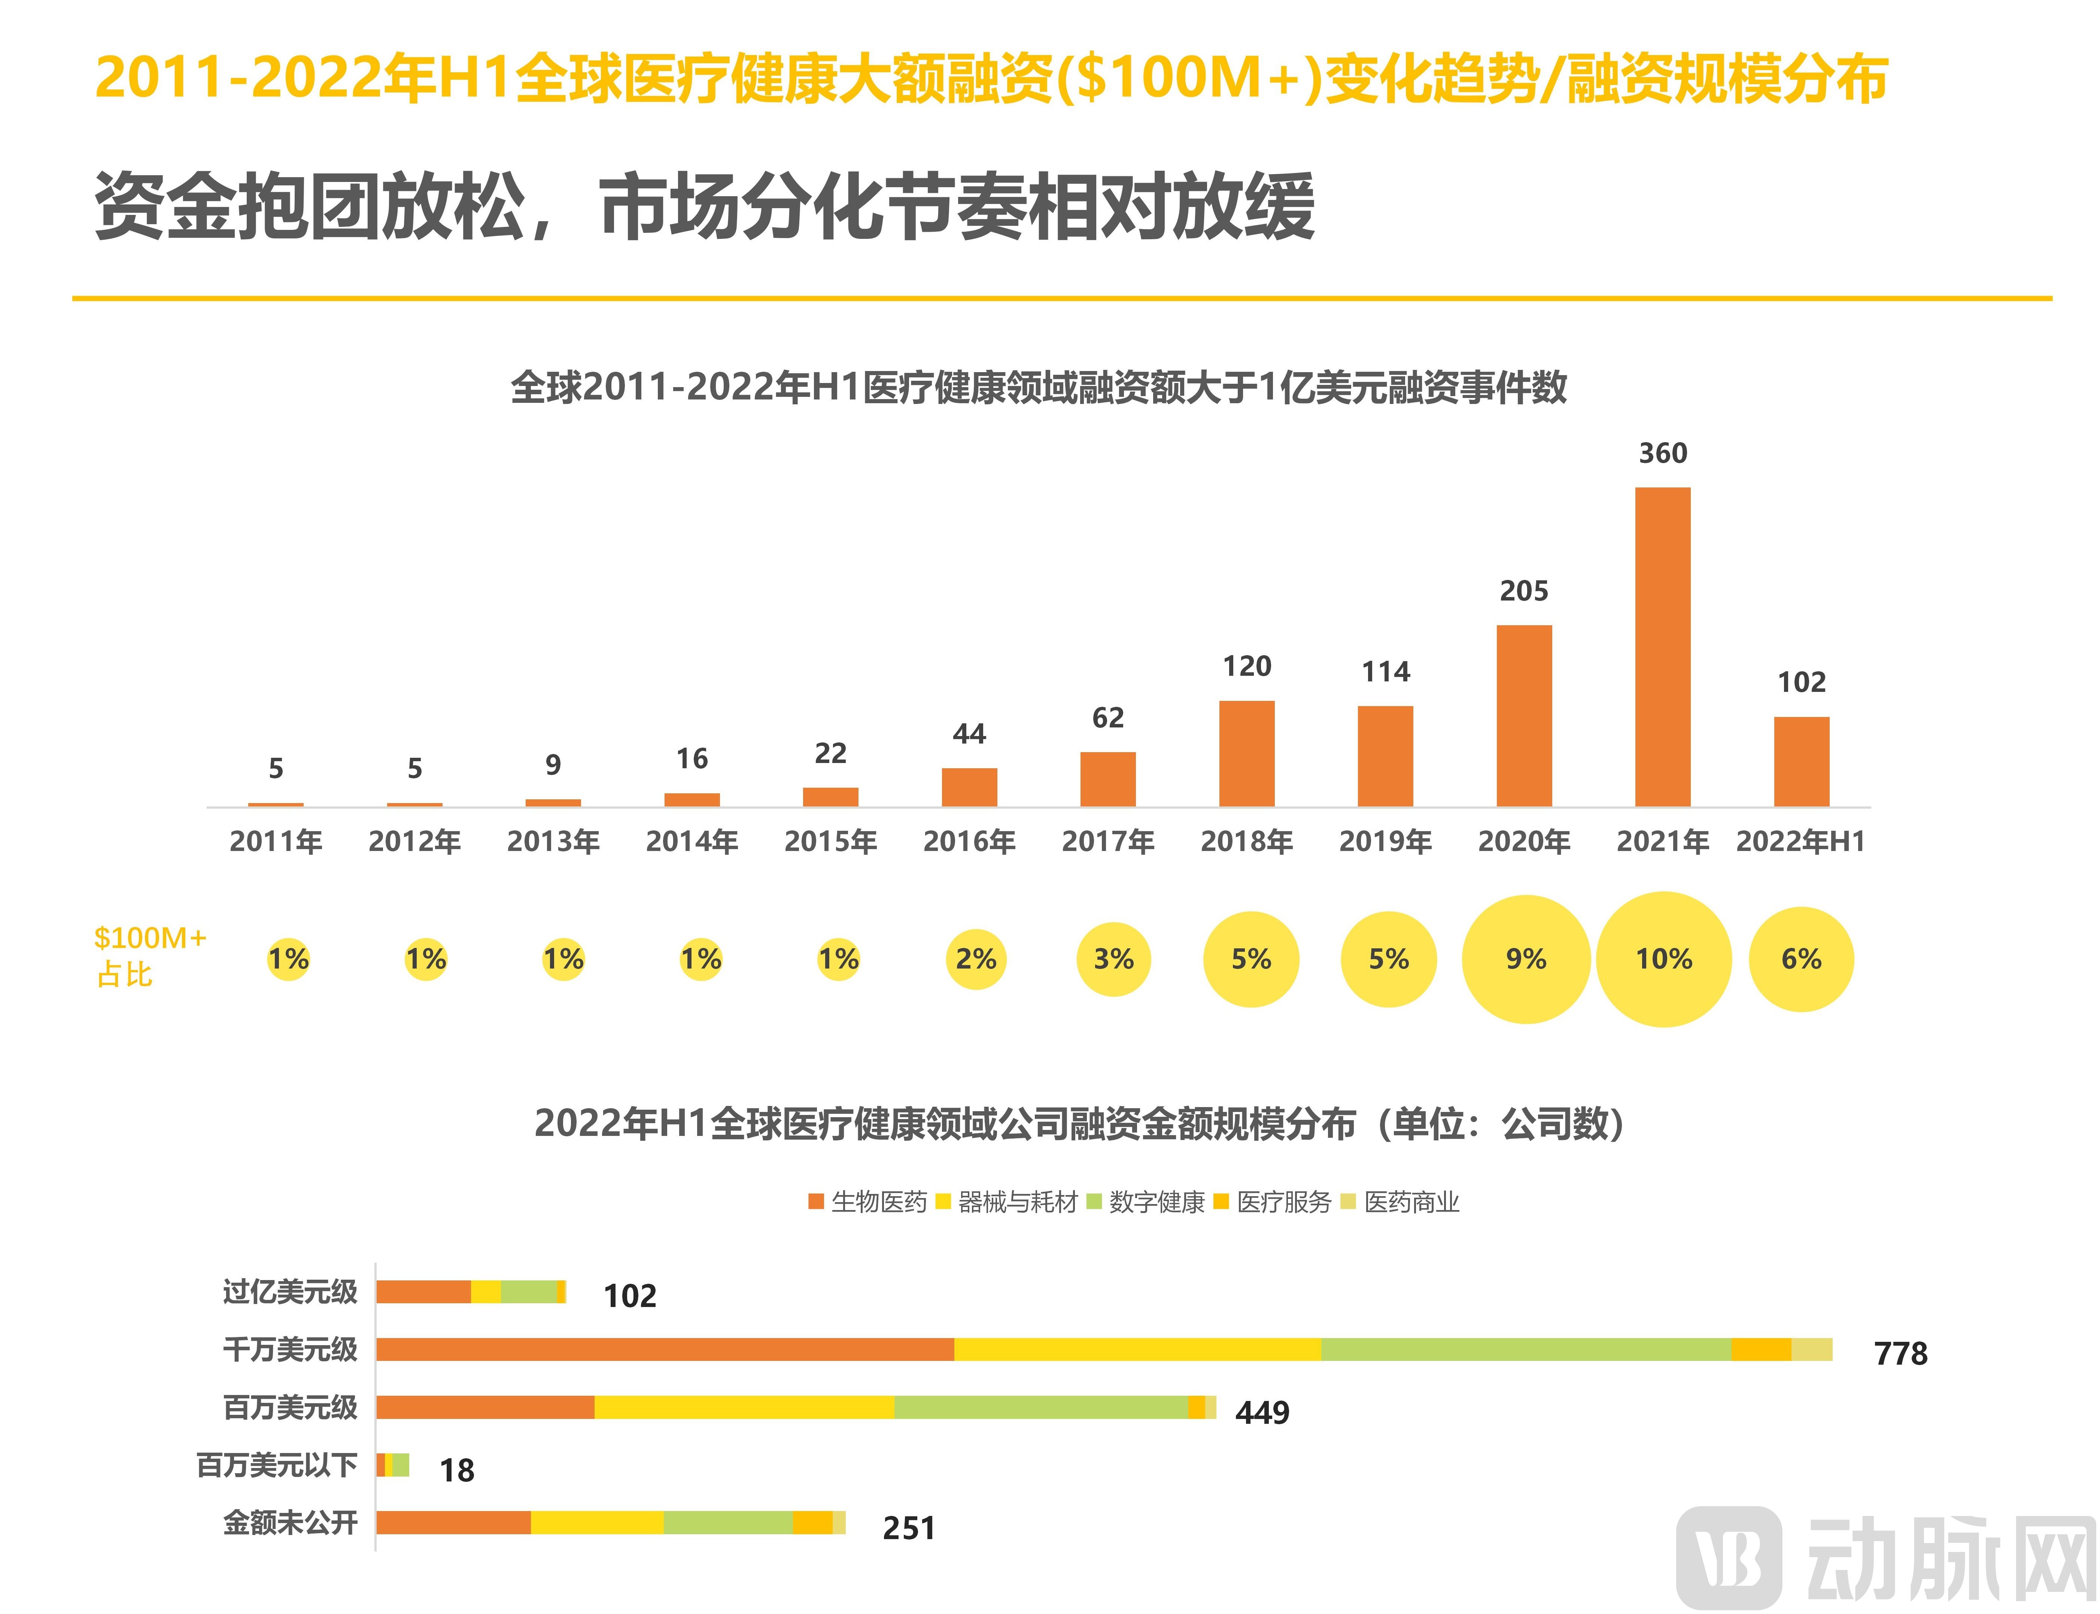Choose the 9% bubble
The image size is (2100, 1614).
(1526, 959)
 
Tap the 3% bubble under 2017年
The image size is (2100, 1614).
(1113, 959)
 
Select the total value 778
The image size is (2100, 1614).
(1900, 1354)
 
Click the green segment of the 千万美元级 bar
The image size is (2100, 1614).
(1526, 1350)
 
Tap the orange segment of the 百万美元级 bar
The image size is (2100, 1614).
(485, 1407)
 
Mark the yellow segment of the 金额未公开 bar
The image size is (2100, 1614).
(596, 1523)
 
